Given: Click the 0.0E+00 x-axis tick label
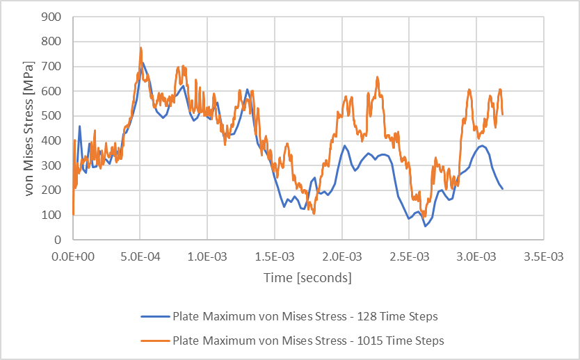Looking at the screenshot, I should point(73,256).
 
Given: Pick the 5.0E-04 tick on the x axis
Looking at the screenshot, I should point(140,256).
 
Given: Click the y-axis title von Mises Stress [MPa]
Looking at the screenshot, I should point(30,129).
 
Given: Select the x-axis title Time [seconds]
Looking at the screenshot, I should point(307,277).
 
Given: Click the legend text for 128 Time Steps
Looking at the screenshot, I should point(305,317).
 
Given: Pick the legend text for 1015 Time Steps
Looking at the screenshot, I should point(307,341).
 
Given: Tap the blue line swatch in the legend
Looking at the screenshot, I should point(154,317).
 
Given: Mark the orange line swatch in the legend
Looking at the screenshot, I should point(154,341).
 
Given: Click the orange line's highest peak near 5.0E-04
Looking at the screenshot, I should point(140,48).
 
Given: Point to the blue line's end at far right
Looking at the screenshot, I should point(502,188).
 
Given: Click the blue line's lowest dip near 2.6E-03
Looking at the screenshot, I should point(426,226).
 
